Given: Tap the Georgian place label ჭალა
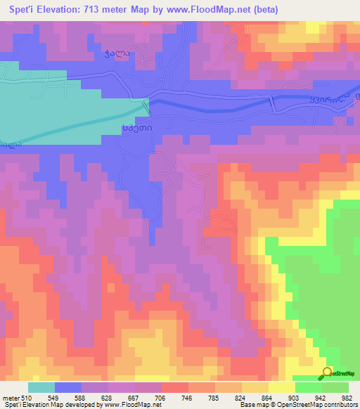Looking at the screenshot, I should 113,53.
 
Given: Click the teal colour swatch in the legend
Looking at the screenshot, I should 41,387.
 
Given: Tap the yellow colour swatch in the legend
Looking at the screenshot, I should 282,387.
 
